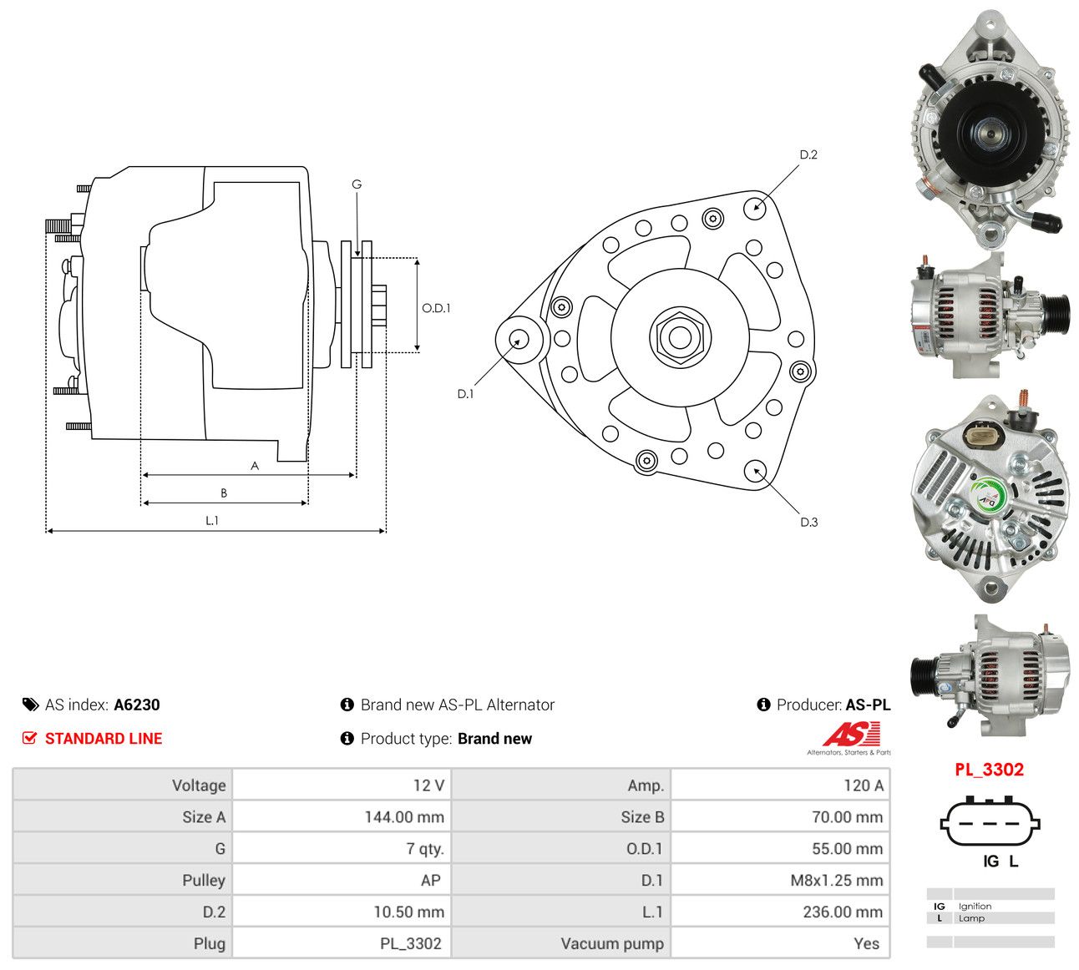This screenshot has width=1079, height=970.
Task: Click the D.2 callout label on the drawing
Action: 808,155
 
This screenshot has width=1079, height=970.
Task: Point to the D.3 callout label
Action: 808,522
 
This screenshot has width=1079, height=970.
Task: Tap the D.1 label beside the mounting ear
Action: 465,394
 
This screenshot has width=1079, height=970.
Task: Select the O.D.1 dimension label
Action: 436,308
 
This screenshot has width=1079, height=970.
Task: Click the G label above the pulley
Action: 357,184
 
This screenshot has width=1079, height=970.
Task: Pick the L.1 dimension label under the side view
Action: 212,521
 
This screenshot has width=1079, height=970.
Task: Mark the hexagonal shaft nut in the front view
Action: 680,338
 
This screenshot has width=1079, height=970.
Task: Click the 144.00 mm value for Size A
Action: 404,816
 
